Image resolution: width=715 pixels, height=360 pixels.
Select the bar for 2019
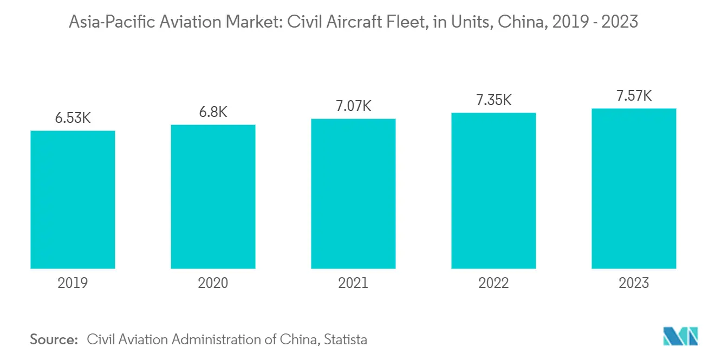(73, 200)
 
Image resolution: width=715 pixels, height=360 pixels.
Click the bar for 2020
(213, 197)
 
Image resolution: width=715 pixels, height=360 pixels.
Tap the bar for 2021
(353, 193)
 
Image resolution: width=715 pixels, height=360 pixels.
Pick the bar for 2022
(493, 191)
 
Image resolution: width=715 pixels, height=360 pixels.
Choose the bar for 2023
(634, 188)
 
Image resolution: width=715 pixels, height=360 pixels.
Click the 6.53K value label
(73, 118)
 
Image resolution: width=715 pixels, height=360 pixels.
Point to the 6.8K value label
(213, 112)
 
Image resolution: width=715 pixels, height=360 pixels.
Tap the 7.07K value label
(353, 106)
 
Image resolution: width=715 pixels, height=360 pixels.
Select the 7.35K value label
(493, 100)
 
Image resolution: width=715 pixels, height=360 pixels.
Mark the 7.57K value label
(634, 96)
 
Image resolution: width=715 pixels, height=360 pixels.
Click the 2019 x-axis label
(73, 283)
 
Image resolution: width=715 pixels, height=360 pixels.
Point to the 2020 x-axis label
(213, 283)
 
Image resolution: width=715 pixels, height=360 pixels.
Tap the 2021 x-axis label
(353, 283)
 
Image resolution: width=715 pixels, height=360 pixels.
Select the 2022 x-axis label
(493, 283)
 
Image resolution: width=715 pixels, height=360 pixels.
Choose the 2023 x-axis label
(634, 283)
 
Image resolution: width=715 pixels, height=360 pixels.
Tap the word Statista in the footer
(347, 340)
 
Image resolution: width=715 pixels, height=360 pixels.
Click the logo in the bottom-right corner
(681, 336)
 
